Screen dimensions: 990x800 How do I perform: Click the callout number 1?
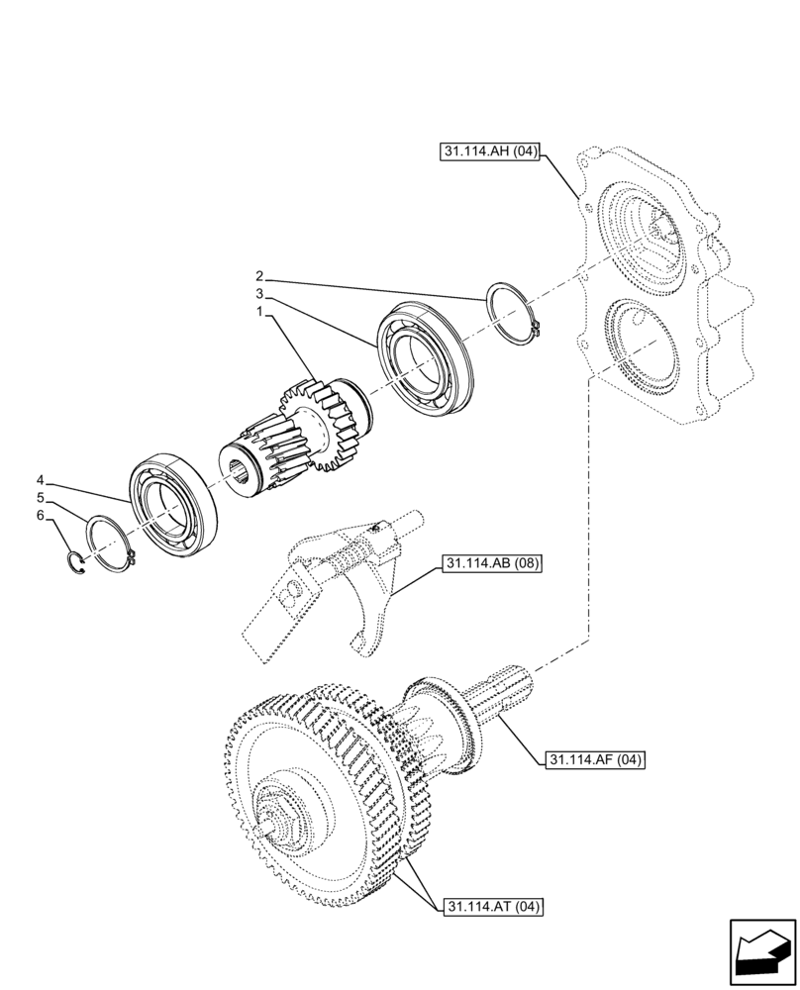click(x=259, y=311)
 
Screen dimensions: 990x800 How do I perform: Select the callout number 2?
click(x=259, y=275)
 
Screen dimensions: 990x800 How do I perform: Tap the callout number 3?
click(x=259, y=293)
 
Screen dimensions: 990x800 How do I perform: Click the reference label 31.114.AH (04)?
click(x=486, y=151)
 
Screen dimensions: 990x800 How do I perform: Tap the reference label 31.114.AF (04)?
click(x=594, y=760)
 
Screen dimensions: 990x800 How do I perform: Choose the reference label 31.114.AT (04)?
click(x=490, y=906)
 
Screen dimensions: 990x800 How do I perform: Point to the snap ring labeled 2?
click(x=514, y=310)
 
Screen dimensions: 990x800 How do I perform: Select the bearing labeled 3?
click(x=422, y=352)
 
